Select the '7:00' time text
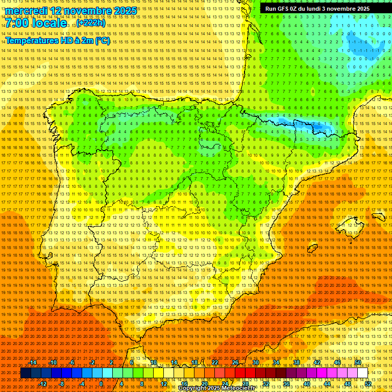point(17,23)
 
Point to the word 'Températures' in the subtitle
point(31,40)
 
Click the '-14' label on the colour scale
point(33,362)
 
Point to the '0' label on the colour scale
point(101,383)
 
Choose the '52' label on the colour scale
point(368,383)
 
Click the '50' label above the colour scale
point(358,362)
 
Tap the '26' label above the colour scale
point(235,362)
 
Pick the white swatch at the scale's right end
point(362,373)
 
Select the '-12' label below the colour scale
point(43,383)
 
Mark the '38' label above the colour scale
point(297,362)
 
